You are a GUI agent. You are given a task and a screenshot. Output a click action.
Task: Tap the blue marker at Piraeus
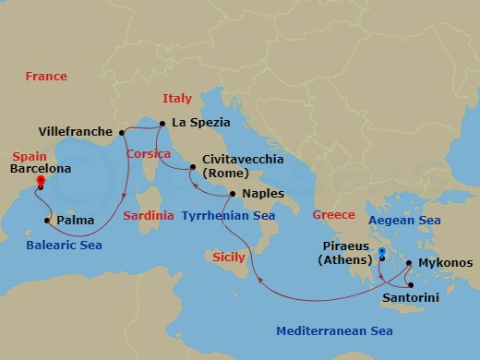click(382, 251)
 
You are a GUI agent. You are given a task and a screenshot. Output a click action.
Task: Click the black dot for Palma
click(47, 221)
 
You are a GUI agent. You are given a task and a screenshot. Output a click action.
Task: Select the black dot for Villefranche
click(121, 131)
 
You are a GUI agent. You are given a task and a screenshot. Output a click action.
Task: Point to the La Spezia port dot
click(162, 123)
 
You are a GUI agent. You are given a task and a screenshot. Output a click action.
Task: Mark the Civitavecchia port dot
click(192, 167)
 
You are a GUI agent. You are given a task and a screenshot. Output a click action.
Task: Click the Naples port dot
click(233, 194)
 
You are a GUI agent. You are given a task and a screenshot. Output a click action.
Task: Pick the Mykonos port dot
click(409, 262)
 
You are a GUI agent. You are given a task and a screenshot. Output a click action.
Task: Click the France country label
click(46, 76)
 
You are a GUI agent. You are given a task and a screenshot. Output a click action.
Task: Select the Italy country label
click(176, 98)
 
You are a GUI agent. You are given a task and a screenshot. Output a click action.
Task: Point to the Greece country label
click(333, 214)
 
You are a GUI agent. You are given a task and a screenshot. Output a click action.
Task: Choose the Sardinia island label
click(148, 215)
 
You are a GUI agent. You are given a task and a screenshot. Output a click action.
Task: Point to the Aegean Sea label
click(404, 221)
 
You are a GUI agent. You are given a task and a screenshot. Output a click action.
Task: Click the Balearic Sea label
click(64, 245)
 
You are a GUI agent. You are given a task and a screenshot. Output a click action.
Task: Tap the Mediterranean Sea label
click(336, 330)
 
